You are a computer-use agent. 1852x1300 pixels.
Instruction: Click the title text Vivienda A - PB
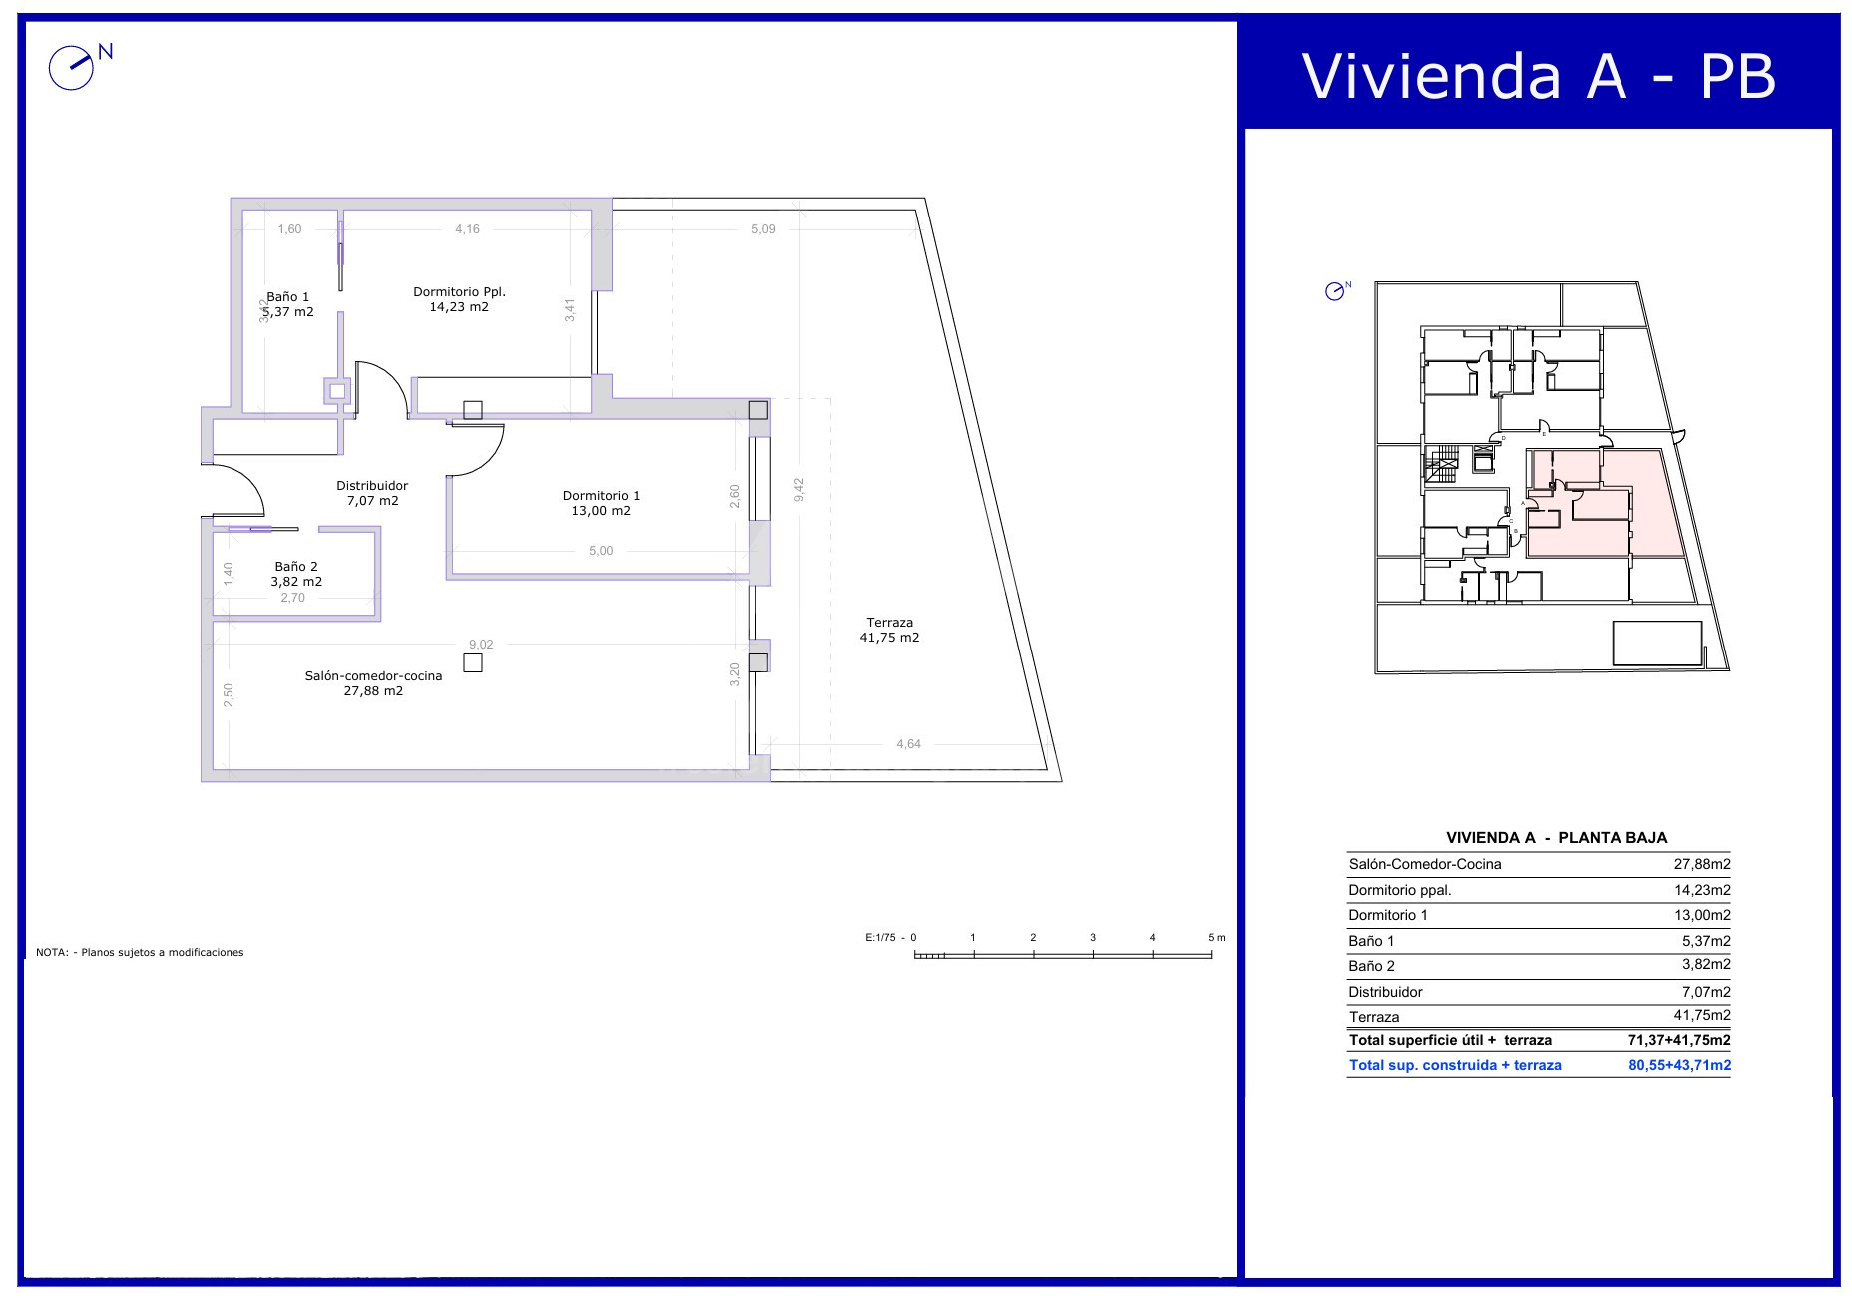coord(1539,75)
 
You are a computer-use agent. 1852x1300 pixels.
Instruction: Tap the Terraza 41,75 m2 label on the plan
coord(889,630)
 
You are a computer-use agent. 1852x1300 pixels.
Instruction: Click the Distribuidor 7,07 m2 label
coord(372,493)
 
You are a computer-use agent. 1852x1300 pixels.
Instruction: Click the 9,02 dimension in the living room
coord(481,645)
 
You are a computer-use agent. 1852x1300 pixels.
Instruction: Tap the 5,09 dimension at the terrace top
coord(763,229)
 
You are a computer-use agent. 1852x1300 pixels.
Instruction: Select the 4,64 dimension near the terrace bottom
coord(908,744)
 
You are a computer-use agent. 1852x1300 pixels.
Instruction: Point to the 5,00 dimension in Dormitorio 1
coord(601,551)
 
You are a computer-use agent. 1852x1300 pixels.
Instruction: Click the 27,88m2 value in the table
coord(1701,864)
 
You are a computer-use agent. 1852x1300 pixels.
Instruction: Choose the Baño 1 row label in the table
coord(1371,941)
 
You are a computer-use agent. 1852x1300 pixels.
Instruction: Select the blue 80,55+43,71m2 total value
coord(1679,1065)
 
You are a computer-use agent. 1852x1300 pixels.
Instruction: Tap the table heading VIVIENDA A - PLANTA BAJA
coord(1557,838)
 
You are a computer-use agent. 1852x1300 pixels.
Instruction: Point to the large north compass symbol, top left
coord(72,68)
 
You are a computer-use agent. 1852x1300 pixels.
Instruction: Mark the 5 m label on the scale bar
coord(1216,938)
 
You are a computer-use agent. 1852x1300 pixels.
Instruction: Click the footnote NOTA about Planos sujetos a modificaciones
coord(140,952)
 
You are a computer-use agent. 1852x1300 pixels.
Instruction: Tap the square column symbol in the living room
coord(473,662)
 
